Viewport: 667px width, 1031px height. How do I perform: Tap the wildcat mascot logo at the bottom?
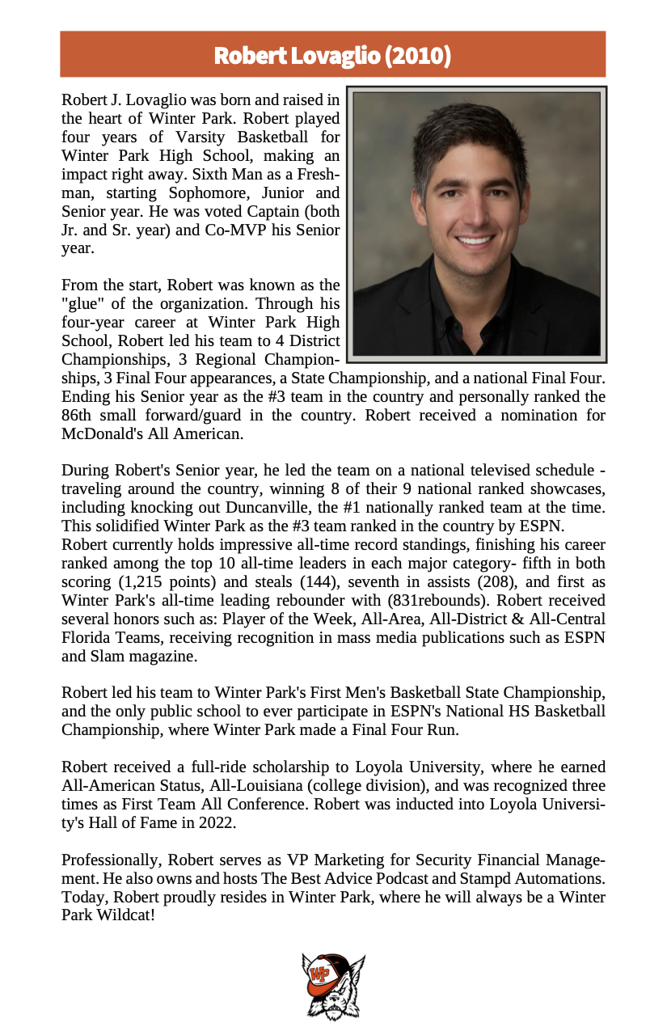(x=333, y=986)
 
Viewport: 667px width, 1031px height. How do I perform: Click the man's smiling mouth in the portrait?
(x=475, y=240)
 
